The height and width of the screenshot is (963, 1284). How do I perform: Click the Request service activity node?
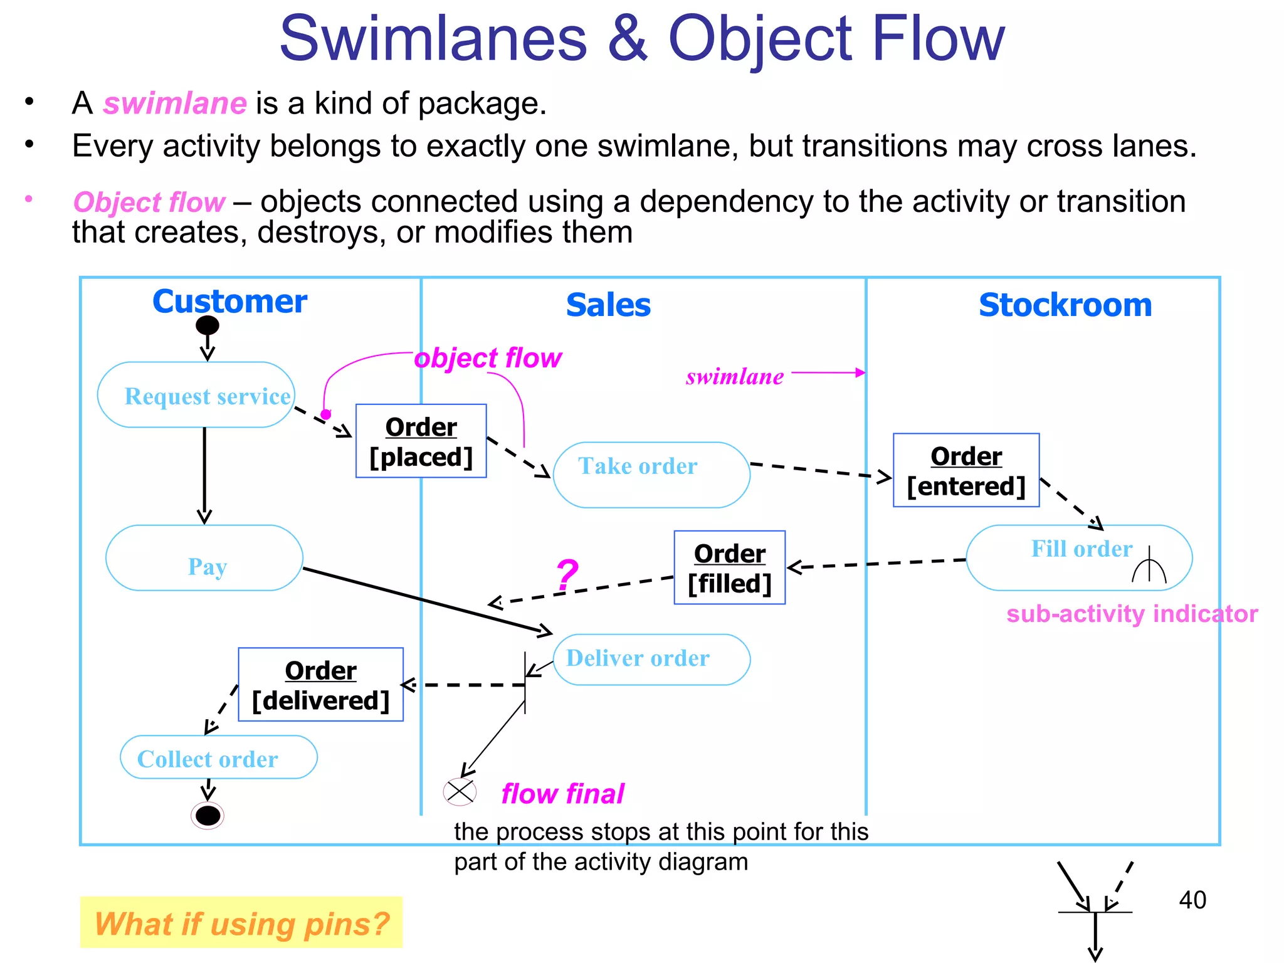pyautogui.click(x=196, y=395)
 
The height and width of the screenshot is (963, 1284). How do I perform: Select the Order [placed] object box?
pyautogui.click(x=421, y=441)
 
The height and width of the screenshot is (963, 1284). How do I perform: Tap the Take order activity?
pyautogui.click(x=651, y=475)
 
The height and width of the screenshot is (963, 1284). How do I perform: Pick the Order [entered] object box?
pyautogui.click(x=966, y=470)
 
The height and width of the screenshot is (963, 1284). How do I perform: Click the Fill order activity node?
pyautogui.click(x=1078, y=557)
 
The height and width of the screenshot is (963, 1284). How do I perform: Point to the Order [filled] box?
pyautogui.click(x=729, y=568)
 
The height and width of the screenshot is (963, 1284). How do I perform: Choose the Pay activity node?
pyautogui.click(x=204, y=558)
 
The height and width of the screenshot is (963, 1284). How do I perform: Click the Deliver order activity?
pyautogui.click(x=651, y=659)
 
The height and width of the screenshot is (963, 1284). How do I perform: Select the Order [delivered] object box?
pyautogui.click(x=320, y=685)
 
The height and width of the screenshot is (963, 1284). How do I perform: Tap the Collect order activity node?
pyautogui.click(x=218, y=757)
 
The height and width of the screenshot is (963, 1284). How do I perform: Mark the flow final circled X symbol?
pyautogui.click(x=460, y=792)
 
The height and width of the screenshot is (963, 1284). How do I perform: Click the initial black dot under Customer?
pyautogui.click(x=208, y=325)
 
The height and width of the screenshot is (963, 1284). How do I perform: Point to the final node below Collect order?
pyautogui.click(x=208, y=816)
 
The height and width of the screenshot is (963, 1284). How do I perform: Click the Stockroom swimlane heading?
pyautogui.click(x=1065, y=305)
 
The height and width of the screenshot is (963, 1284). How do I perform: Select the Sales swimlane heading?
pyautogui.click(x=608, y=305)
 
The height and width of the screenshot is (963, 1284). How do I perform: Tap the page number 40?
pyautogui.click(x=1192, y=900)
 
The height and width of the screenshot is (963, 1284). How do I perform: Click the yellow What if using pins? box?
pyautogui.click(x=241, y=922)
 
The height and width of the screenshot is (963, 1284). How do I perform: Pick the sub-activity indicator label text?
pyautogui.click(x=1132, y=614)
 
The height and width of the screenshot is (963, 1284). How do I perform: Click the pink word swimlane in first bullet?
pyautogui.click(x=175, y=103)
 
